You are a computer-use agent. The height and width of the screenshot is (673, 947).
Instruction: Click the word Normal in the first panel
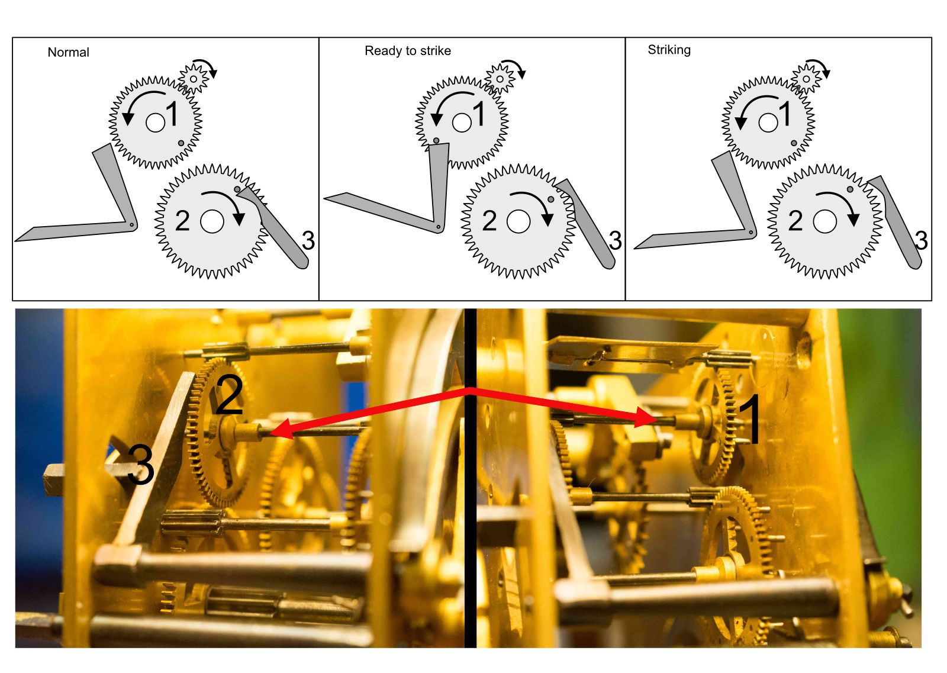[68, 52]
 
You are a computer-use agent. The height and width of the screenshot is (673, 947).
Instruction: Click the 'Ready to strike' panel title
[407, 51]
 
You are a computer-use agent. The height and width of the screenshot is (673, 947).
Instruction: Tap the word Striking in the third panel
[669, 50]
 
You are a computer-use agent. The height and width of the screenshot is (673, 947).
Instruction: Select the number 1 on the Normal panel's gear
[172, 114]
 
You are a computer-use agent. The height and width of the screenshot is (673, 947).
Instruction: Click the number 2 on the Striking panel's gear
[795, 221]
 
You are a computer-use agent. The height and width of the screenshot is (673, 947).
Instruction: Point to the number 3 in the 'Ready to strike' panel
[615, 241]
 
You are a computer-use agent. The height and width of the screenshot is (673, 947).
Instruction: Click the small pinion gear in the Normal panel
[194, 78]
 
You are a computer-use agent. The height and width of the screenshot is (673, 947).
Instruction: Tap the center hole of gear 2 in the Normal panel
[212, 221]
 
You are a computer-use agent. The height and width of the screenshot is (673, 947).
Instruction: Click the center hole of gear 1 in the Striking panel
[768, 123]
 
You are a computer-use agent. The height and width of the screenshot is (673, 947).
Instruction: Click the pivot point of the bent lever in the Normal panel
[131, 224]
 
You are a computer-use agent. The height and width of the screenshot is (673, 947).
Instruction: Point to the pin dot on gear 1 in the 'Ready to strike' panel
[436, 141]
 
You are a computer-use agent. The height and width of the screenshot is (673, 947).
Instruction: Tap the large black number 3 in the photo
[140, 465]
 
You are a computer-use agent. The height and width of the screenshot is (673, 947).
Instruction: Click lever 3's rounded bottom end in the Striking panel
[917, 260]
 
